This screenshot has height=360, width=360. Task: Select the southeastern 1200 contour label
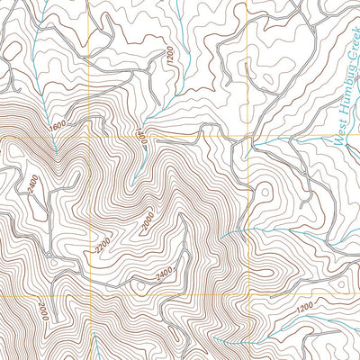tap(306, 310)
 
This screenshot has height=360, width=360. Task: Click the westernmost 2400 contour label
tap(33, 184)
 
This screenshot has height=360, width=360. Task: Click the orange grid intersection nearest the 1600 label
tap(88, 137)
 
